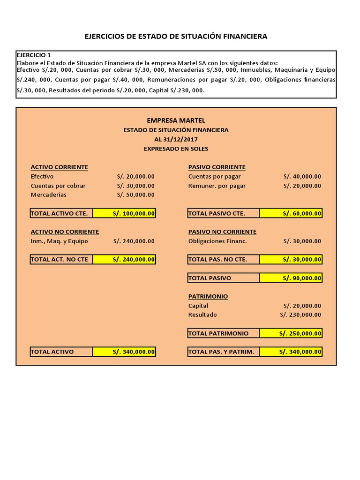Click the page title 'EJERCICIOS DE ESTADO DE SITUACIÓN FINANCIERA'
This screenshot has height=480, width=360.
[176, 36]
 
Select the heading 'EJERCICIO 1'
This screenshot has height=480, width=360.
[34, 55]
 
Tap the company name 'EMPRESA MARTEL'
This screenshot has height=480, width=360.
[176, 120]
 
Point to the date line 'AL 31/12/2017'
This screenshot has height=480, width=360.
[176, 139]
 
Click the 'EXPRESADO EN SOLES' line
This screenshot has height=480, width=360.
[176, 149]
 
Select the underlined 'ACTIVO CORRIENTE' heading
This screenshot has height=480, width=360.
[59, 167]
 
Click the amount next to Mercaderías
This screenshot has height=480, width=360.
[135, 195]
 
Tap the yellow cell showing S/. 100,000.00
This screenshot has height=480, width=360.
[124, 213]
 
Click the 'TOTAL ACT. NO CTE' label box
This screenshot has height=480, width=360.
[61, 259]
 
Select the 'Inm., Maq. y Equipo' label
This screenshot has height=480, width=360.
[59, 241]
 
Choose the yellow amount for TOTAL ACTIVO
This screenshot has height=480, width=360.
[124, 352]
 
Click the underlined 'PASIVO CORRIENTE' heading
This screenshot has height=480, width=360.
[217, 167]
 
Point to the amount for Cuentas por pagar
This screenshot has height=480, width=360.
[302, 176]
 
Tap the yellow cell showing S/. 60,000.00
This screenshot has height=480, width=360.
[291, 213]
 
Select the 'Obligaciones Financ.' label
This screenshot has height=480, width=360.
[217, 241]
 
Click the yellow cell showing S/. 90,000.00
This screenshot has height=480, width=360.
[291, 278]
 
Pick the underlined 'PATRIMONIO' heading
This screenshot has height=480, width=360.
[208, 296]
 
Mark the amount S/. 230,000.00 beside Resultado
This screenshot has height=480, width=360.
[300, 315]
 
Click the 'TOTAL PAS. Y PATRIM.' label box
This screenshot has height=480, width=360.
[223, 352]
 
